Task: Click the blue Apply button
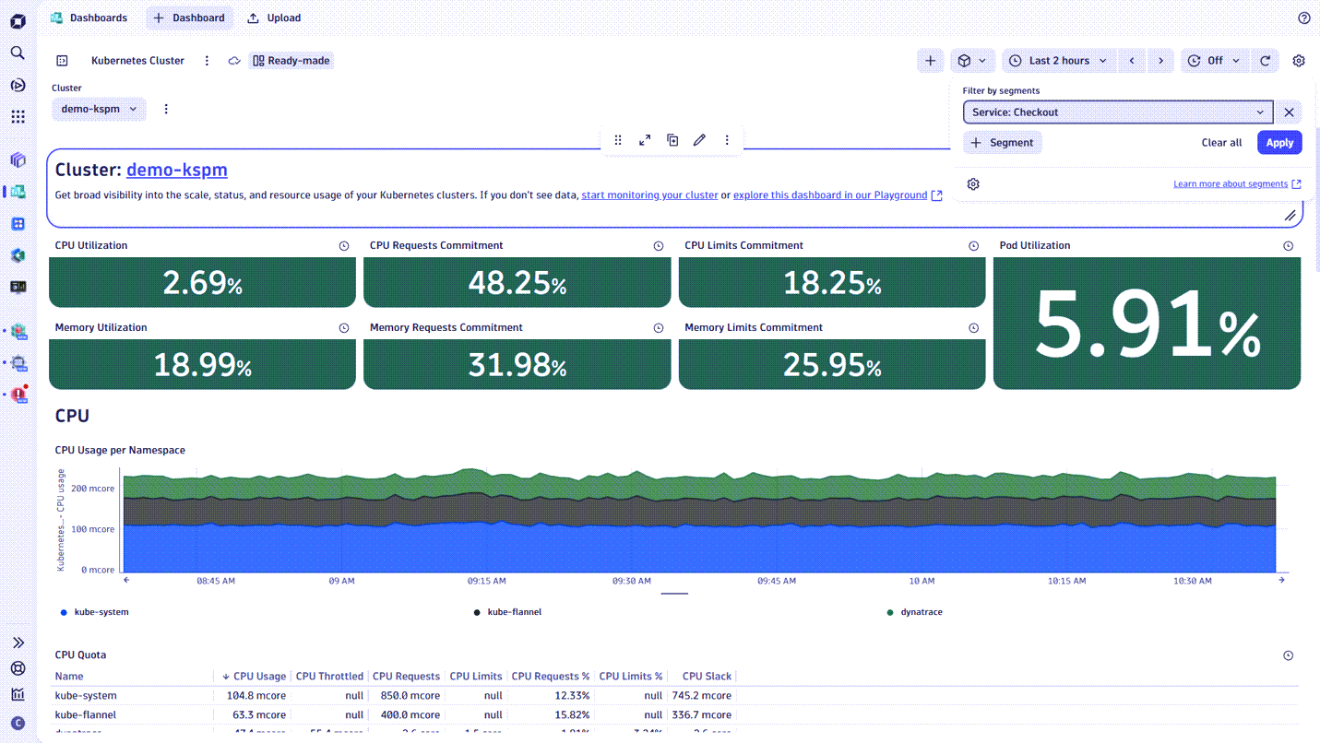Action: click(1278, 143)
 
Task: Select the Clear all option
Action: click(1221, 143)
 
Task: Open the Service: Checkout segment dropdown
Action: click(1117, 112)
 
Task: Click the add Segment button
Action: click(1003, 143)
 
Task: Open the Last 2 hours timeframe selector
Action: click(1059, 61)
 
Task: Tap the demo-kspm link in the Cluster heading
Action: click(176, 170)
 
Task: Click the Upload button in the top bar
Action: click(275, 18)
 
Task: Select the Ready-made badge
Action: click(291, 61)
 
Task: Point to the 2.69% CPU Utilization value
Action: click(202, 283)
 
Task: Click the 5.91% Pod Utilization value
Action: click(1147, 324)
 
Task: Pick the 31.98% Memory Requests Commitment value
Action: click(517, 365)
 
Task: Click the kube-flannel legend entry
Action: click(514, 612)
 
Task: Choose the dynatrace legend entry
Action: click(921, 612)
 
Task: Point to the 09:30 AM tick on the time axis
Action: click(631, 582)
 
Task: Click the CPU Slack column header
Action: click(707, 677)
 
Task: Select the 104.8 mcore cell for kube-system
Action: click(256, 696)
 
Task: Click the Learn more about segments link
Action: click(1231, 184)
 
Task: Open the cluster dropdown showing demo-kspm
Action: click(99, 109)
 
